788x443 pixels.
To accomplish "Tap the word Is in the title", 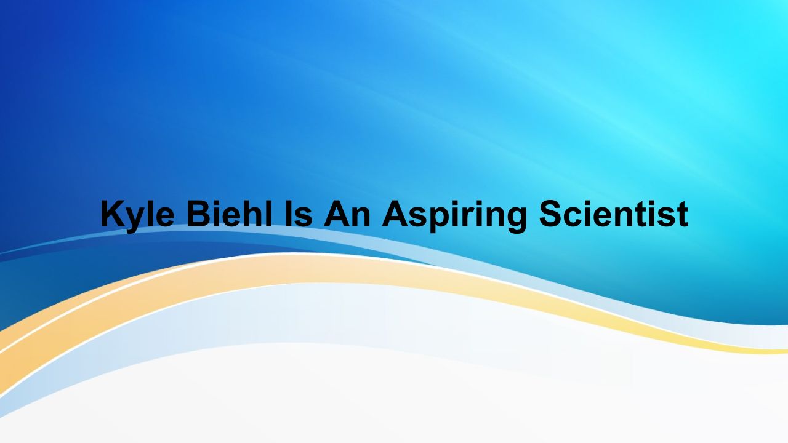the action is (x=299, y=214).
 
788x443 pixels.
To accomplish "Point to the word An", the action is (x=347, y=214).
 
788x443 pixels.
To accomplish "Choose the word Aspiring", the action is (x=454, y=216).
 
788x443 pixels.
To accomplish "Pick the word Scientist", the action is (x=614, y=214).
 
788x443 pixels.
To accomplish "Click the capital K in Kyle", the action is (x=113, y=214).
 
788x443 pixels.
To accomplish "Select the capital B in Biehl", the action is (x=198, y=214).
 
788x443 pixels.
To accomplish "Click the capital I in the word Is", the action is (x=289, y=214).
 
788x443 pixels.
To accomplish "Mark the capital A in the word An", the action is (x=336, y=214).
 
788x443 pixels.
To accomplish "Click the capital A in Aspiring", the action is (x=395, y=214).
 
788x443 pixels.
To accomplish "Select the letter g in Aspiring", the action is (x=517, y=220).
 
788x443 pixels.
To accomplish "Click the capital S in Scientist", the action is (x=550, y=214).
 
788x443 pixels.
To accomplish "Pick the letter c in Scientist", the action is (x=573, y=217).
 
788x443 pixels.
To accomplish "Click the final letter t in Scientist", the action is (x=683, y=215).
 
